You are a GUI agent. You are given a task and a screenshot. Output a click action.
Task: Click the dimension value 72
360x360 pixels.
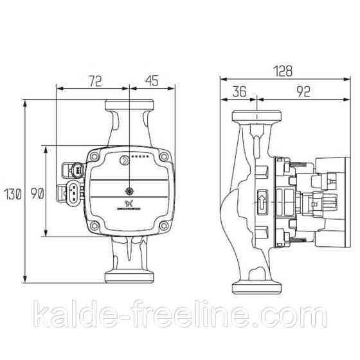[x=94, y=82]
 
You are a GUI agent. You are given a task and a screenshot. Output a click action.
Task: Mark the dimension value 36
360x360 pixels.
[x=239, y=91]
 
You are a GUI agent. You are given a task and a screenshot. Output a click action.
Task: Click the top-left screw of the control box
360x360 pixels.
[x=95, y=156]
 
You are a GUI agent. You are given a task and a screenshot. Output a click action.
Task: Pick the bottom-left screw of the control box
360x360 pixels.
[x=95, y=226]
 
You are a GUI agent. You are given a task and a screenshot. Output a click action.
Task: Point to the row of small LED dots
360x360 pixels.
[x=141, y=157]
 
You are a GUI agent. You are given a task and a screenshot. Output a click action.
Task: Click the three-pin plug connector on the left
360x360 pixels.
[x=75, y=192]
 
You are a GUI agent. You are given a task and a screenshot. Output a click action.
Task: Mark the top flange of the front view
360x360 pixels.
[x=130, y=105]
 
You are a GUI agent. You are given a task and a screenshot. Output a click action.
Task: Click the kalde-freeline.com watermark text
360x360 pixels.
[x=180, y=318]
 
